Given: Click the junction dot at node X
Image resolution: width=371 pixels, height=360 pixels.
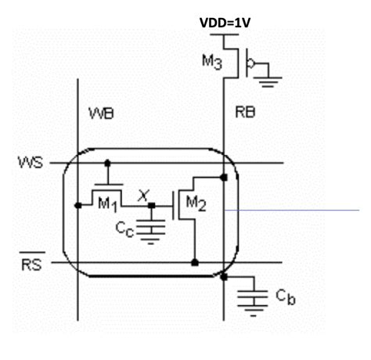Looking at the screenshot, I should click(x=151, y=205).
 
